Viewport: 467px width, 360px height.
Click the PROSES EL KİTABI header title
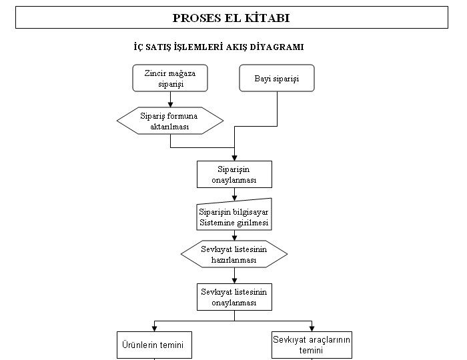(231, 18)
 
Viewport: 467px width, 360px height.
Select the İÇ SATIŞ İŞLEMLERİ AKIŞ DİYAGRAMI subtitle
(219, 47)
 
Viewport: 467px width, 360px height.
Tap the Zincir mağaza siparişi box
(170, 78)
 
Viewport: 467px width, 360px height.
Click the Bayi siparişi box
(277, 78)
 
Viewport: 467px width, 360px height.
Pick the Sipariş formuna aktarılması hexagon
(170, 121)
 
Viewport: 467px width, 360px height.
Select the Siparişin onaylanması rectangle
(234, 175)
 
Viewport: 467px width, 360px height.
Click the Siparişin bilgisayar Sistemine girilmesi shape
(234, 214)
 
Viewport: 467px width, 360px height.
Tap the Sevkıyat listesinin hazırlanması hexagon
(234, 254)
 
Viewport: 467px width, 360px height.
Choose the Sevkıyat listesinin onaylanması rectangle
(234, 297)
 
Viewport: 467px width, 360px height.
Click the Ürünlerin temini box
(154, 345)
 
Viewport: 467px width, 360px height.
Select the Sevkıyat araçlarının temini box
(312, 345)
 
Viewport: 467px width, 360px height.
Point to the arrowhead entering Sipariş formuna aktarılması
(170, 105)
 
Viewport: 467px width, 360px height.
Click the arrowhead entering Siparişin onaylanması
(234, 158)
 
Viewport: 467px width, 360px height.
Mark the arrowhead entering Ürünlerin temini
(154, 329)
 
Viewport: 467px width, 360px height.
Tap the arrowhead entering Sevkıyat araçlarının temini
(312, 329)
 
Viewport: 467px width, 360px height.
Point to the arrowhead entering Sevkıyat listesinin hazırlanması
(234, 237)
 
